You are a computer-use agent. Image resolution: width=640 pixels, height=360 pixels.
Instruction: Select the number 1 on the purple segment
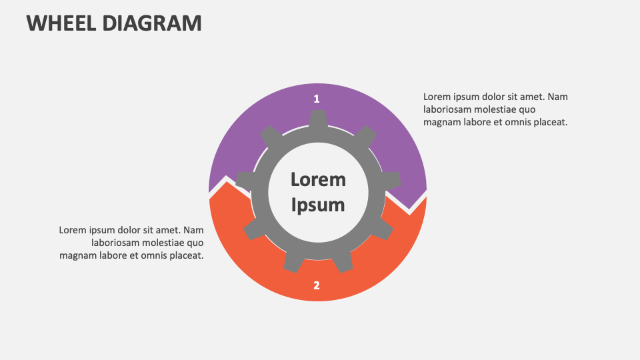click(x=317, y=99)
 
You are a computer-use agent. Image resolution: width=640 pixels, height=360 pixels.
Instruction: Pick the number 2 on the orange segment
click(x=317, y=285)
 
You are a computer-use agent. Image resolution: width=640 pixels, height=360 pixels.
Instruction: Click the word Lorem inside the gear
click(x=318, y=179)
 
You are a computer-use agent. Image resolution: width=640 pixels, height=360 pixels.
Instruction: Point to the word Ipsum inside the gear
click(x=318, y=204)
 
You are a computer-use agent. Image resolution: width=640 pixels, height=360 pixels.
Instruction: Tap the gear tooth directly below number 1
click(x=318, y=119)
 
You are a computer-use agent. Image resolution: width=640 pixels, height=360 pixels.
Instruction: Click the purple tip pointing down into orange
click(x=409, y=208)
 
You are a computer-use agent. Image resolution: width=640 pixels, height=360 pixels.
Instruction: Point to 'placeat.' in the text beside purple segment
click(x=548, y=122)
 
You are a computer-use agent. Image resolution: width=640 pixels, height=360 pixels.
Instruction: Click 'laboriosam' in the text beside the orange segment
click(x=117, y=243)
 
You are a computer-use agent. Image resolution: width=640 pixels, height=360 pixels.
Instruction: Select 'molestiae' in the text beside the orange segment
click(x=165, y=243)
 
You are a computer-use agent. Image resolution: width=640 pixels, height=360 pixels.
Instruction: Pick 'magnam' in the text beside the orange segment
click(x=77, y=255)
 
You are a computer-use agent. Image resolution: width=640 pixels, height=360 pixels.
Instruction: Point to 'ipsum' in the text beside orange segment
click(x=102, y=230)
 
